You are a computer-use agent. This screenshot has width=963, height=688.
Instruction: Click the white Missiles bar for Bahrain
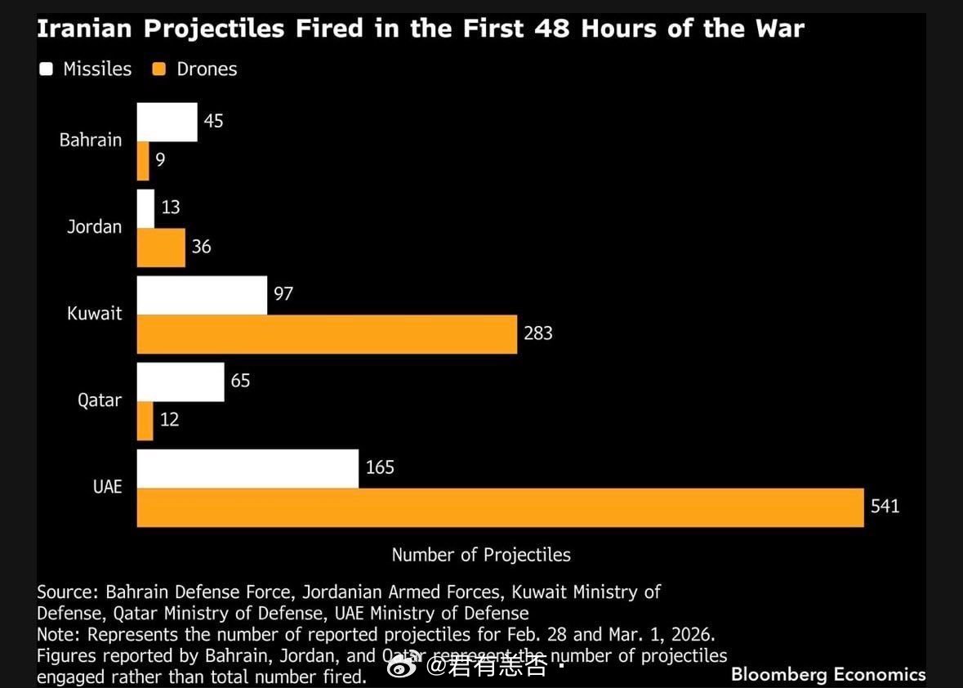coord(167,122)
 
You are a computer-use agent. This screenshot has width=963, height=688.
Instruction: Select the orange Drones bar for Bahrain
coord(143,161)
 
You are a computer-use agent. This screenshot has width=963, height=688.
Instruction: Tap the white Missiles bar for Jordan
coord(145,208)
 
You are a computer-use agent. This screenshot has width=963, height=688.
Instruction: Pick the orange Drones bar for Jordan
coord(161,247)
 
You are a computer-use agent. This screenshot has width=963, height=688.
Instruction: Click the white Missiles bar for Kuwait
coord(202,295)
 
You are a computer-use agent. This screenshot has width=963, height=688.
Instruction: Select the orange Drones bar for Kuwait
coord(327,334)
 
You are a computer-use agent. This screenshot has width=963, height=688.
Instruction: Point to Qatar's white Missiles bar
coord(181,382)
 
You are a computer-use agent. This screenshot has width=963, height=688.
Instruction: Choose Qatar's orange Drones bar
coord(145,421)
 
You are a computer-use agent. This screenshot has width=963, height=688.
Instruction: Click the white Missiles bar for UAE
coord(247,468)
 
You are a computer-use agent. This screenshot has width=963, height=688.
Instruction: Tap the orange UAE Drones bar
coord(500,507)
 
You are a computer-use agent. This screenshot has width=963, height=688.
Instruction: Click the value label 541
coord(885,507)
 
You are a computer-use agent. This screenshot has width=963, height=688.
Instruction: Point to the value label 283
coord(538,333)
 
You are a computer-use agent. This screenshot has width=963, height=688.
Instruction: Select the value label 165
coord(380,467)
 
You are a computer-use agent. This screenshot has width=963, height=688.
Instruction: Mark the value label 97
coord(283,294)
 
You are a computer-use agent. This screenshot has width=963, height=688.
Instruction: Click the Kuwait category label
coord(95,314)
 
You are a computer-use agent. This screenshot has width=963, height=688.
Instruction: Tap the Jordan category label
coord(94,227)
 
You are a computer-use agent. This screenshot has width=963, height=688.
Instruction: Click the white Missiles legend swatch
coord(46,69)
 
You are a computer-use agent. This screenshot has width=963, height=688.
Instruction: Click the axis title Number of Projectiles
coord(481,555)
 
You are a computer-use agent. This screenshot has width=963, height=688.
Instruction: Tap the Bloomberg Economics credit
coord(828,674)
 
